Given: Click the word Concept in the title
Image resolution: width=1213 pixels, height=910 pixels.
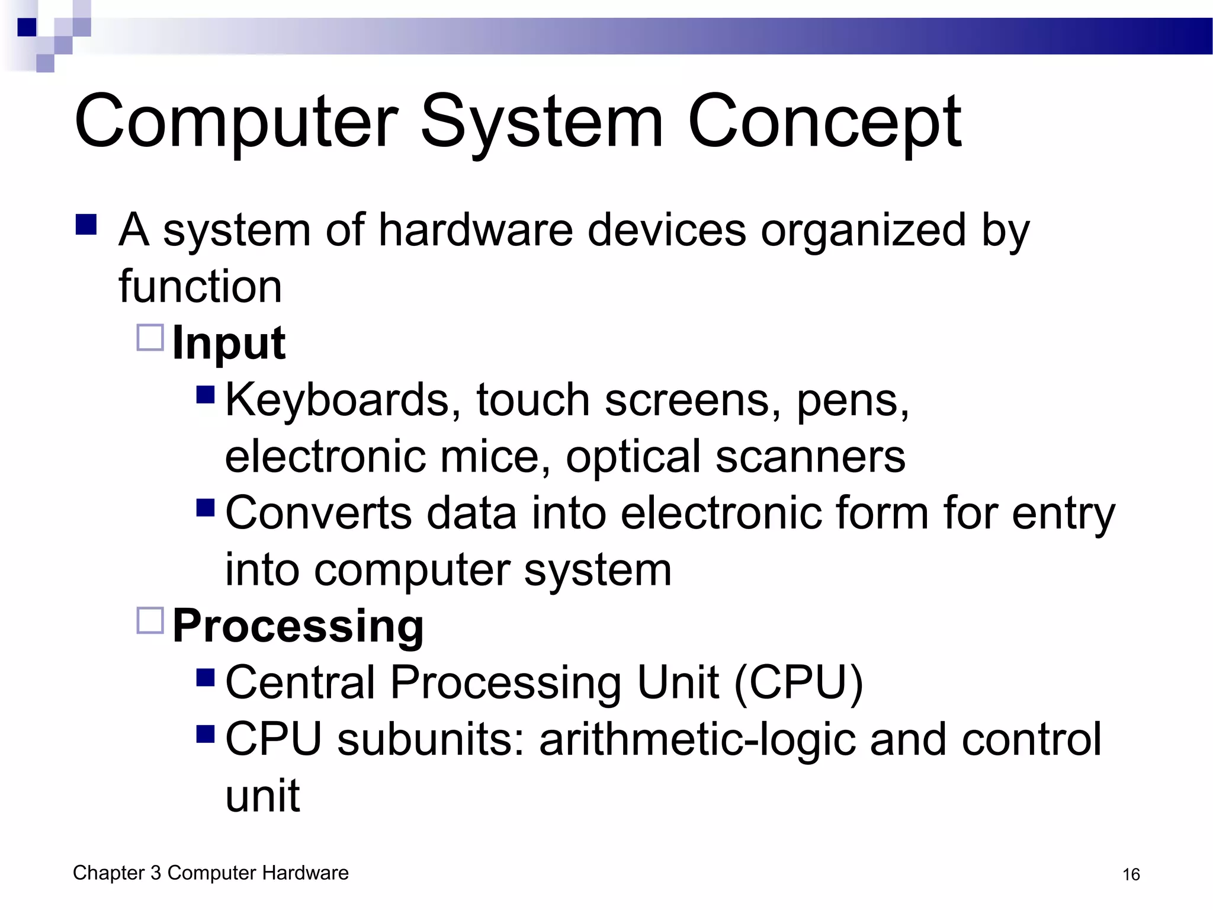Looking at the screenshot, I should pos(824,121).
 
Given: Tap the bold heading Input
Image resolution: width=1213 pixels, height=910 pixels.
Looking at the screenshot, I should pos(229,343).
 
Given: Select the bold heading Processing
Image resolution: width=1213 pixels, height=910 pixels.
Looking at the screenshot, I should pos(298,626).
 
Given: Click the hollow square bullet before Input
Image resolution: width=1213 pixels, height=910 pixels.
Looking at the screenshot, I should pos(150,338).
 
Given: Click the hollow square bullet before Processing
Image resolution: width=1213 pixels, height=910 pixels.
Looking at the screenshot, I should pos(150,620).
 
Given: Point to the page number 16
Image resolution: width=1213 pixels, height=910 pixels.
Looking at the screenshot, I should pos(1131,874).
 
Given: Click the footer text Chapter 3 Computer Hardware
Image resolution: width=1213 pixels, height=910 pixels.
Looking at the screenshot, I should pos(210,873).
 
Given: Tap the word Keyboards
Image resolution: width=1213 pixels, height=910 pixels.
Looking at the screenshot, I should pos(343,400).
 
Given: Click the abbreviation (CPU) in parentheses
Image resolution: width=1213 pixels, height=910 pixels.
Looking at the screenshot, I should pos(798,682).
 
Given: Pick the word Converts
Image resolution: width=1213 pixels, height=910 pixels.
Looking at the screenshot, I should pos(318,512).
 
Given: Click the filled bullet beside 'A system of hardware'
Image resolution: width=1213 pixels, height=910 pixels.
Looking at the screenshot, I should pos(86,225).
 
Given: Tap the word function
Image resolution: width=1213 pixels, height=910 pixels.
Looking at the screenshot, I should pos(200,286).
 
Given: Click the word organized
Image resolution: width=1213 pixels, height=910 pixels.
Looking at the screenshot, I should pos(864,230).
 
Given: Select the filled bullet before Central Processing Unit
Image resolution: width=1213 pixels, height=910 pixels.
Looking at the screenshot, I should pos(205,677).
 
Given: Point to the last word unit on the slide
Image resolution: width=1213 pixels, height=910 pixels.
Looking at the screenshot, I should pos(262,796).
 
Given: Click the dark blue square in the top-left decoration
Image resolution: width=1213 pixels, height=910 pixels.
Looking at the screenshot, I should pos(27,27).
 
